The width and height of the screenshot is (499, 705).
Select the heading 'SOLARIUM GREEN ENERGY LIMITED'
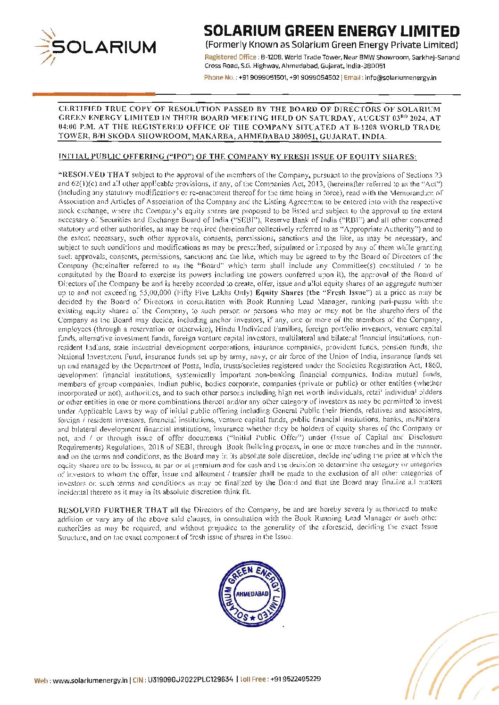point(331,32)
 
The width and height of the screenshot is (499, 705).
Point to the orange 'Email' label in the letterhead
point(353,78)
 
